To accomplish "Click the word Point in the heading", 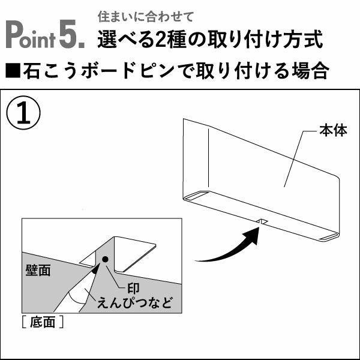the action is pyautogui.click(x=31, y=34).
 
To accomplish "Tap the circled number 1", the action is pyautogui.click(x=23, y=113).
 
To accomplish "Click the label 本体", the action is pyautogui.click(x=333, y=131).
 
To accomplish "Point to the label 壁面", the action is pyautogui.click(x=38, y=270).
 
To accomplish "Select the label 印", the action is pyautogui.click(x=133, y=288).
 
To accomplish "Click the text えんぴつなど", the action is pyautogui.click(x=135, y=302).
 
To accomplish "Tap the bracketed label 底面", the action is pyautogui.click(x=43, y=322).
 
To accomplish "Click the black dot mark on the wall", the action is pyautogui.click(x=105, y=259).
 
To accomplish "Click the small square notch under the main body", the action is pyautogui.click(x=262, y=221).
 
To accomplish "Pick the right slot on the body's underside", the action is pyautogui.click(x=329, y=238).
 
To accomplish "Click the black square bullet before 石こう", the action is pyautogui.click(x=13, y=71).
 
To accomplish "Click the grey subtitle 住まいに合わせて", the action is pyautogui.click(x=146, y=17).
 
